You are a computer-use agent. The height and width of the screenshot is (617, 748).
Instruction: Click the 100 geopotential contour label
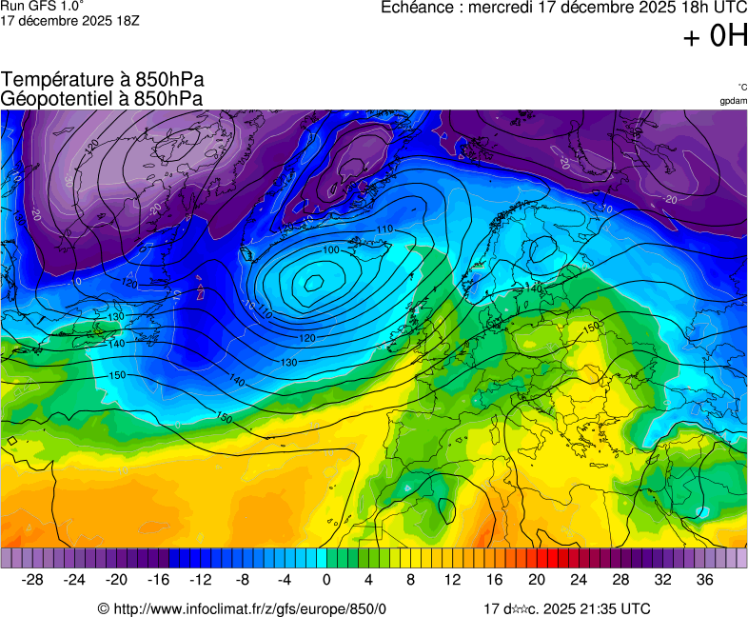pyautogui.click(x=331, y=249)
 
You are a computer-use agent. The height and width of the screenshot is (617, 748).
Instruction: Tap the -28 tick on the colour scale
pyautogui.click(x=33, y=579)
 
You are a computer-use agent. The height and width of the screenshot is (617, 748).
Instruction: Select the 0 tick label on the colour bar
pyautogui.click(x=326, y=579)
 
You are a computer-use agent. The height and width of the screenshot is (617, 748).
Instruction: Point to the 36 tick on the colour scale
pyautogui.click(x=704, y=579)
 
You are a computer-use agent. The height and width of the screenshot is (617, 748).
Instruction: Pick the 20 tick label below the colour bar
pyautogui.click(x=537, y=579)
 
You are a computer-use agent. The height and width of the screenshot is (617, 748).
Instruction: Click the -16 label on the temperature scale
pyautogui.click(x=159, y=579)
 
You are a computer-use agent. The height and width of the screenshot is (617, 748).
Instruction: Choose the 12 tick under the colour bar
pyautogui.click(x=453, y=579)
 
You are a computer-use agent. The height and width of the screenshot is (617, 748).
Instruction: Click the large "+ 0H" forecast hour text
pyautogui.click(x=715, y=37)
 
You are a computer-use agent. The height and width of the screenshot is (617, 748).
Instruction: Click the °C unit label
pyautogui.click(x=741, y=87)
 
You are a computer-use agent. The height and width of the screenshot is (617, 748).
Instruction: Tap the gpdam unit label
pyautogui.click(x=734, y=100)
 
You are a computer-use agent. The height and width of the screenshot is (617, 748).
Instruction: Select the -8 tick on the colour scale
pyautogui.click(x=243, y=579)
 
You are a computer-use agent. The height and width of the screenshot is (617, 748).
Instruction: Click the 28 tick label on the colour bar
pyautogui.click(x=620, y=579)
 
